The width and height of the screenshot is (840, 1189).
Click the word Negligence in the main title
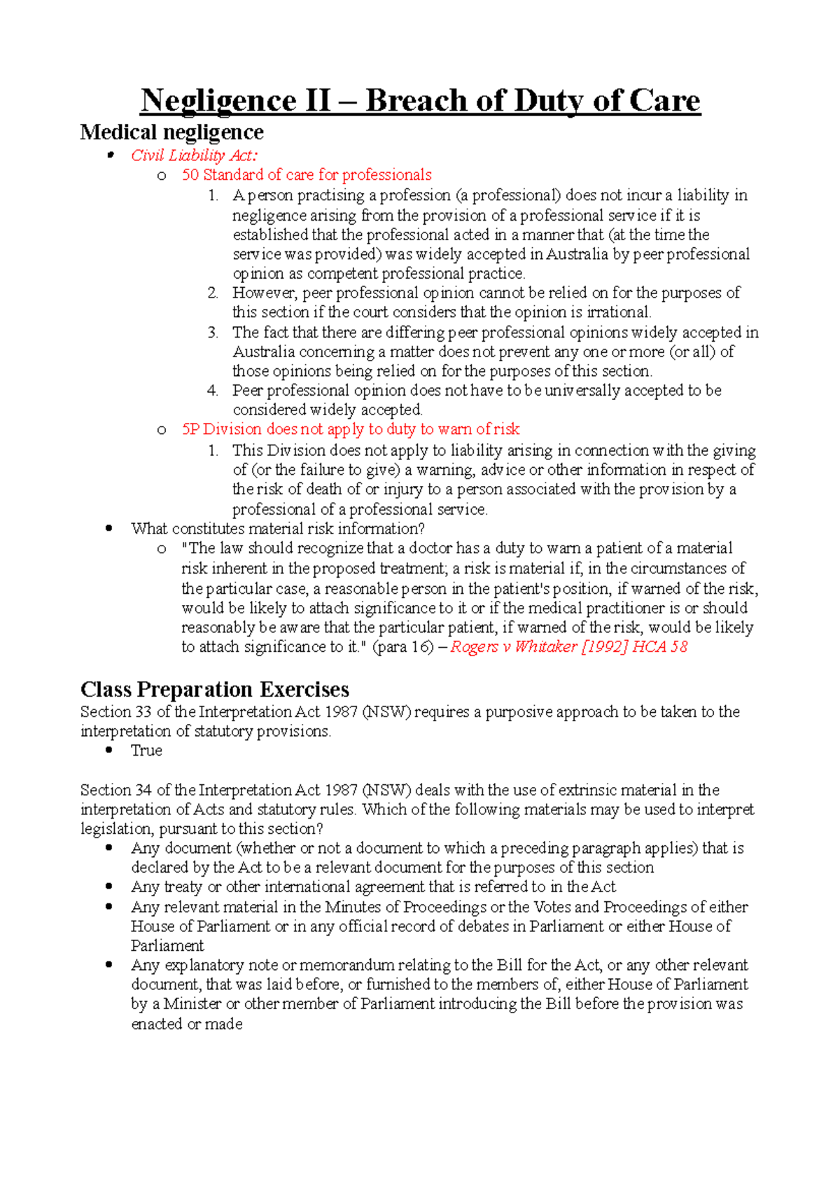218,101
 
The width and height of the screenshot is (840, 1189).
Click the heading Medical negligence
171,132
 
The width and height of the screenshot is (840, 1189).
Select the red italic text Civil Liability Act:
194,155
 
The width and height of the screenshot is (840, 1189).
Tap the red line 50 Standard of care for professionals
307,175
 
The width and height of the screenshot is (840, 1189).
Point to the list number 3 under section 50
213,333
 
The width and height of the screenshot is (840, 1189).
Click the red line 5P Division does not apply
350,429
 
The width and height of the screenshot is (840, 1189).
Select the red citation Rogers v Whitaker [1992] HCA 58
568,647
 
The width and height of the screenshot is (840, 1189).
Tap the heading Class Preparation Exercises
214,690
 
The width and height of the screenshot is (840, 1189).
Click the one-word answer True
146,751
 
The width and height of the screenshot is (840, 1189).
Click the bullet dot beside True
108,751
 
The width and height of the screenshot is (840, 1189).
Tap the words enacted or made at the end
186,1024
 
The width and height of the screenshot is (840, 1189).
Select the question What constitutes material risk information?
278,529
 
